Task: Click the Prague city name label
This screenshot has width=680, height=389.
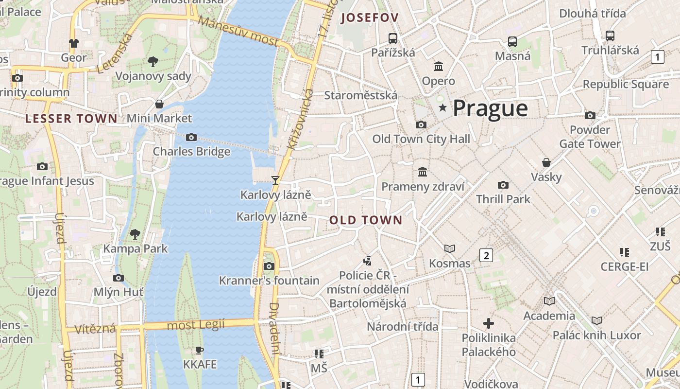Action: point(490,108)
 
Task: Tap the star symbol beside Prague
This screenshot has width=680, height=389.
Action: point(442,107)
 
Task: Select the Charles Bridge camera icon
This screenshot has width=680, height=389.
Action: point(191,138)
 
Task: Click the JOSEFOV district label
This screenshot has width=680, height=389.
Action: point(370,18)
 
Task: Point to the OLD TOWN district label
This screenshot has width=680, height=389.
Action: point(366,220)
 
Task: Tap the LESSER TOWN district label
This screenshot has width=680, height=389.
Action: point(71,119)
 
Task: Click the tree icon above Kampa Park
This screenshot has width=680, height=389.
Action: point(135,234)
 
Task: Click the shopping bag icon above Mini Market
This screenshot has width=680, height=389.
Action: point(159,104)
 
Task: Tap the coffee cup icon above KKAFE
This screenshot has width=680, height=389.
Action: point(199,350)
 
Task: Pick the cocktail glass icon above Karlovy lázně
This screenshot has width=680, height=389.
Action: point(275,180)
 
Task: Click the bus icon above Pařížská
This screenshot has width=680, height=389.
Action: point(393,38)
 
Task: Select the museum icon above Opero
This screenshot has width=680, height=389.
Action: point(439,66)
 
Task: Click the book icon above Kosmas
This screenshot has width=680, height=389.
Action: point(450,249)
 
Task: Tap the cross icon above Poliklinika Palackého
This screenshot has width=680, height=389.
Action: point(489,323)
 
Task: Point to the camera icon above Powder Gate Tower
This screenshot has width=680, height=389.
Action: point(590,116)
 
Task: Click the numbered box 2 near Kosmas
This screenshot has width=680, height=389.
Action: point(486,255)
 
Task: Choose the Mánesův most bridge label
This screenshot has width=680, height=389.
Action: point(238,32)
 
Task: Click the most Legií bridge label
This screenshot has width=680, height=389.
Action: point(196,324)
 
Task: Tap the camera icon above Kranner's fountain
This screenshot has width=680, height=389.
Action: point(269,266)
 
